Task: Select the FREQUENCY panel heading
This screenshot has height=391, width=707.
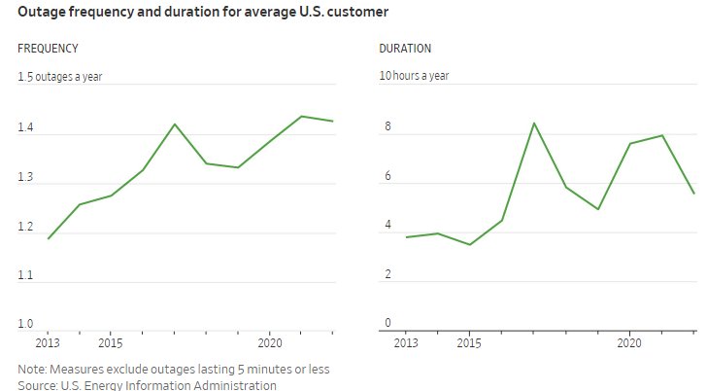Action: point(49,49)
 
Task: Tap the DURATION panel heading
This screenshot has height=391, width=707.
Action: point(405,49)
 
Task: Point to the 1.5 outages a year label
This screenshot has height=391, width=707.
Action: point(62,76)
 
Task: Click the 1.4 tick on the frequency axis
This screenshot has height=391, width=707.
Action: point(26,128)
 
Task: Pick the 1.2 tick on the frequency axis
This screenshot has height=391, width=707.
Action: point(26,227)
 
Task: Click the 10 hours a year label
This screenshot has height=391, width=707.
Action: point(414,76)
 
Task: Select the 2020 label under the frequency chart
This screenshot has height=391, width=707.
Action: point(269,343)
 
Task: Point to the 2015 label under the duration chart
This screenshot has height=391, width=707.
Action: point(470,343)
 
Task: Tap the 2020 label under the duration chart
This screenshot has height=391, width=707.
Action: point(629,343)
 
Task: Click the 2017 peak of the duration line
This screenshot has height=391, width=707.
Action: point(533,123)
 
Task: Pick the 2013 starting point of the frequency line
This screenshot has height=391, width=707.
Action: point(48,238)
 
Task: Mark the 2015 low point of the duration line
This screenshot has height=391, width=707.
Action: point(469,244)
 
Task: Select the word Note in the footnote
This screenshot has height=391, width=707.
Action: point(32,370)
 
